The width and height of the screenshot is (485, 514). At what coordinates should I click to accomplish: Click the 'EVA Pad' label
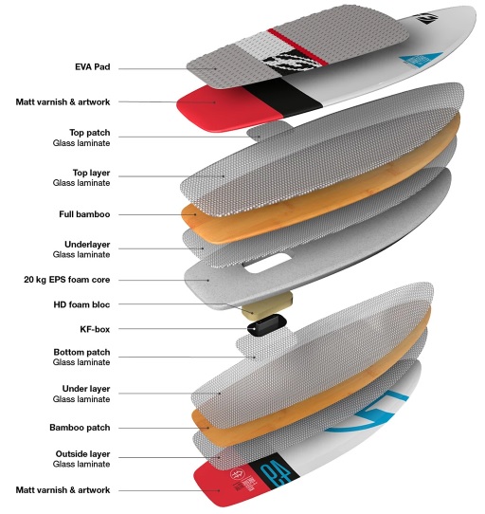click(92, 67)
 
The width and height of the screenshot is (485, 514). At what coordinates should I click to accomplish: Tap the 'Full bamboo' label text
click(84, 214)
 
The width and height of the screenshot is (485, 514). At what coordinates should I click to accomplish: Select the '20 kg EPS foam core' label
click(67, 280)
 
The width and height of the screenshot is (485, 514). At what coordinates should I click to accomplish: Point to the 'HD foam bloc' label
click(81, 304)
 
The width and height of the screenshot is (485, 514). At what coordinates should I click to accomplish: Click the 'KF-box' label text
click(95, 329)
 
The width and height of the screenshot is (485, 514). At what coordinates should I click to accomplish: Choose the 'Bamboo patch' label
click(80, 428)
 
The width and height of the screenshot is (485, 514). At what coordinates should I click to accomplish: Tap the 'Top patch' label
click(89, 133)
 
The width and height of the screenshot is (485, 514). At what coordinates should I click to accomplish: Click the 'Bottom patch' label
click(81, 352)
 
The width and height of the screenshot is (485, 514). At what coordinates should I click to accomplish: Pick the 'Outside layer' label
click(82, 454)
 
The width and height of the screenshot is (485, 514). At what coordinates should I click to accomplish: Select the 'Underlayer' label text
click(87, 245)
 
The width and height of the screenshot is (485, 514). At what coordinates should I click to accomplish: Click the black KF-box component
click(267, 324)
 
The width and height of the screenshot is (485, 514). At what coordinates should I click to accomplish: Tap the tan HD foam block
click(267, 305)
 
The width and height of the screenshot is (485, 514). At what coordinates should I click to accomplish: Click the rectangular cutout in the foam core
click(267, 264)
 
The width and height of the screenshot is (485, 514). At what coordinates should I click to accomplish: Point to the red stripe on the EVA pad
click(297, 46)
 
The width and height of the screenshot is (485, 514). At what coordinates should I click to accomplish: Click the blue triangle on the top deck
click(421, 60)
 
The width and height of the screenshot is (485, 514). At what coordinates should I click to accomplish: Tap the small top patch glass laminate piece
click(268, 130)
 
